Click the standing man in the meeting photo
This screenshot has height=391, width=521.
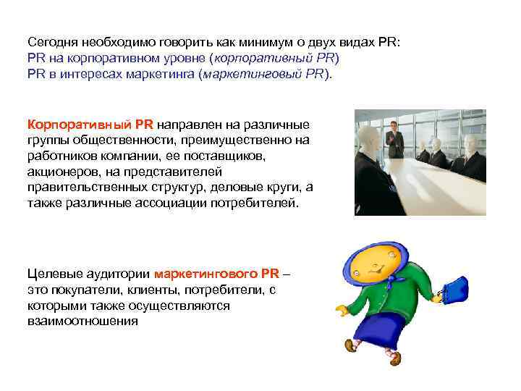[394, 140]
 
